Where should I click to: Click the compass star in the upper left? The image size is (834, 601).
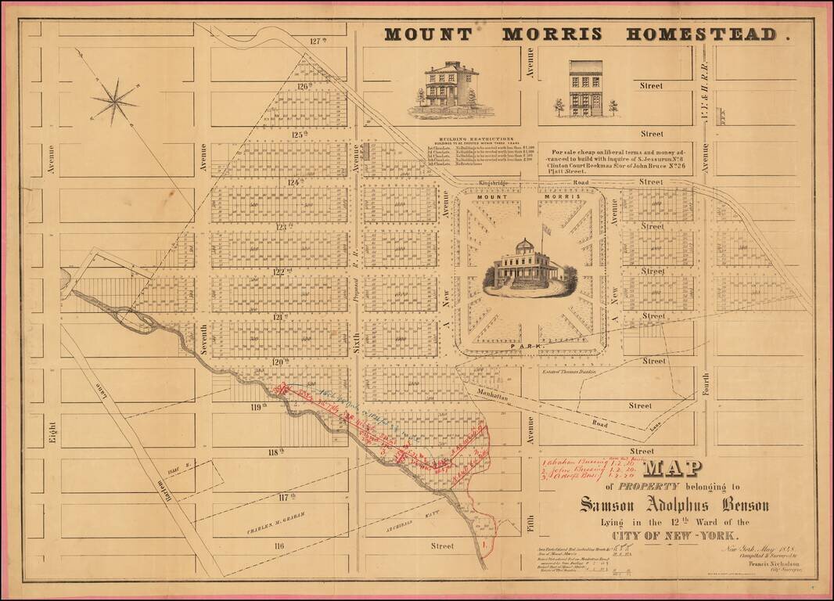(113, 101)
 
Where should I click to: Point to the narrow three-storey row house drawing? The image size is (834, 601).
(586, 88)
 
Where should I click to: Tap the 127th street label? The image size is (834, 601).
(316, 41)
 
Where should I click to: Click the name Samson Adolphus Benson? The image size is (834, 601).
(674, 505)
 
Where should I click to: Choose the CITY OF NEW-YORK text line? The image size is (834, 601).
(674, 536)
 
